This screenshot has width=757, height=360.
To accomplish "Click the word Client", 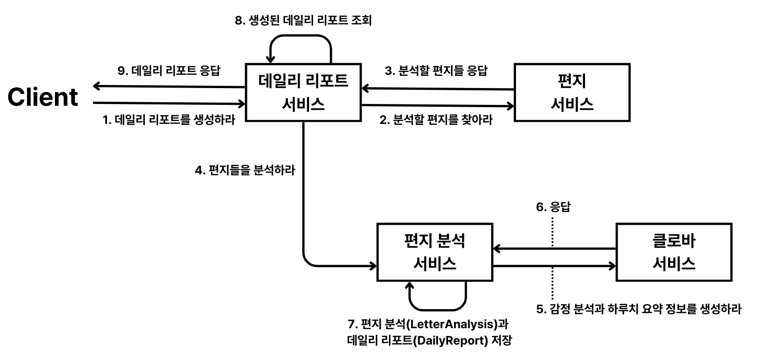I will point(43,97).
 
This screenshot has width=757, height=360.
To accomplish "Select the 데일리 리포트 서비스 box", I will point(303,93).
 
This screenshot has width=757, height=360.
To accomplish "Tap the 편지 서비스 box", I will point(572,93).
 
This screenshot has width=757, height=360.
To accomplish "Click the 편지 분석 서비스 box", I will point(435,252).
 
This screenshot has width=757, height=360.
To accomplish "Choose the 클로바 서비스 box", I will point(673,252).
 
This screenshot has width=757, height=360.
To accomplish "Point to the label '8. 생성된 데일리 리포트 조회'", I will point(303,20).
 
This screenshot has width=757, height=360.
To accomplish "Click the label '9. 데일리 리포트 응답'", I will point(168,71).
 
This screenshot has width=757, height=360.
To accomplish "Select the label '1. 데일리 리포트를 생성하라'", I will point(169,120).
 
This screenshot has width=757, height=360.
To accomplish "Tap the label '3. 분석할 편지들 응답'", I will point(436,71).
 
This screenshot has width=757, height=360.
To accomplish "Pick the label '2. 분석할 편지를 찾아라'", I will point(436,120).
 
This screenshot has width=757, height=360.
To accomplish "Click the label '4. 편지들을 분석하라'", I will point(245,170).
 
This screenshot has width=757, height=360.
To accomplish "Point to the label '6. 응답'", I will point(553,207).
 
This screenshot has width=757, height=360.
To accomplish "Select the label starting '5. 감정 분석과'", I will point(639,309).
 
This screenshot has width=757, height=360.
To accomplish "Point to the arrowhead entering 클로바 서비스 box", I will point(612,266).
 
